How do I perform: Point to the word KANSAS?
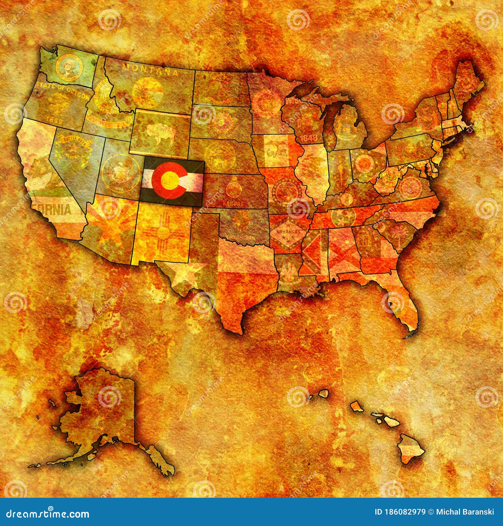click(x=233, y=204)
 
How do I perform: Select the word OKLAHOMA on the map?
click(x=242, y=238)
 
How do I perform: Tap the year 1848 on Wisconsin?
click(x=308, y=138)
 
